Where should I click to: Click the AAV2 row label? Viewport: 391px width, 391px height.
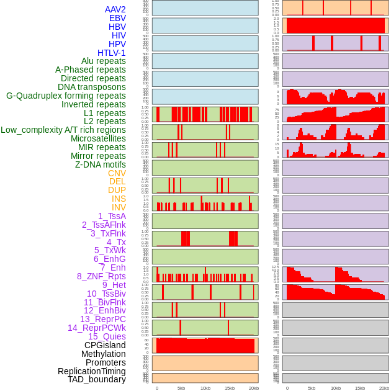[115, 9]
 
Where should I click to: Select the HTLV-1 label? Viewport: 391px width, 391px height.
[111, 53]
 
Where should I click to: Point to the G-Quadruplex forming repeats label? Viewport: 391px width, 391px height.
[66, 96]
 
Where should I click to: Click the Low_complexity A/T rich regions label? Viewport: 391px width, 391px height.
[63, 130]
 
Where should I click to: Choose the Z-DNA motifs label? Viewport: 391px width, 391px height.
[101, 164]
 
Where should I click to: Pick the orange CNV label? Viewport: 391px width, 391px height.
[117, 173]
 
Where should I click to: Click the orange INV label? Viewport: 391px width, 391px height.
[119, 207]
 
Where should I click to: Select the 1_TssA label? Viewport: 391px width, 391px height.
[112, 216]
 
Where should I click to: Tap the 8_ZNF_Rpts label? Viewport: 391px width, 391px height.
[101, 276]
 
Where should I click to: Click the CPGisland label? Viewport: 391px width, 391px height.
[105, 345]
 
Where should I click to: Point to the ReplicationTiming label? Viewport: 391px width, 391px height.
[92, 371]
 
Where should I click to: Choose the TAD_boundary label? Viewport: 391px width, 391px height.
[97, 379]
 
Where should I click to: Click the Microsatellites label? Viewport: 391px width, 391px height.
[98, 138]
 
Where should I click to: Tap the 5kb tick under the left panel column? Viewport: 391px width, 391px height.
[181, 388]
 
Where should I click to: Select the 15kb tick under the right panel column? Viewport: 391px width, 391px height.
[360, 388]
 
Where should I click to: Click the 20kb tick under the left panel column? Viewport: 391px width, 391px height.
[254, 388]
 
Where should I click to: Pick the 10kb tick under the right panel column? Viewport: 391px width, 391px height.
[336, 388]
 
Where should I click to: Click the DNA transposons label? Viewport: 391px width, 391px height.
[92, 87]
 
